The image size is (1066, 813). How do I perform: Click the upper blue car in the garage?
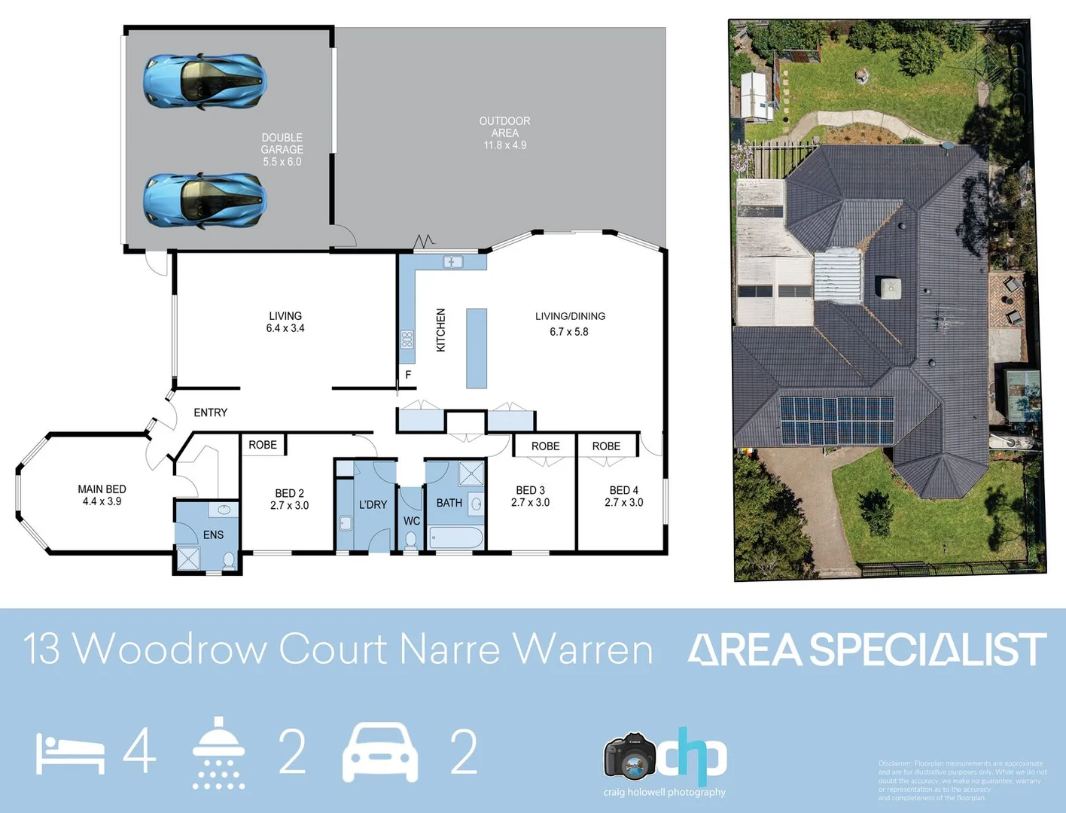(205, 81)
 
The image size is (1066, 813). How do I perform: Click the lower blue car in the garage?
(205, 200)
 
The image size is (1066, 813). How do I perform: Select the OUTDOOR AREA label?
(504, 126)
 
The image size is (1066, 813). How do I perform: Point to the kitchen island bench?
(476, 348)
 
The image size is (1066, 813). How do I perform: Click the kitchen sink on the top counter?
(452, 262)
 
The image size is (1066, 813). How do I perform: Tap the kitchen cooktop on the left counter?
(407, 340)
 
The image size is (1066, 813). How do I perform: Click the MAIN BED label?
(102, 489)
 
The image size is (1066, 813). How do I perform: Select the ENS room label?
(213, 534)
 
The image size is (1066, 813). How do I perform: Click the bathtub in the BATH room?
(455, 537)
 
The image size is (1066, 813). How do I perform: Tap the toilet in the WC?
(411, 540)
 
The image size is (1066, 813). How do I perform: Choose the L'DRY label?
(373, 504)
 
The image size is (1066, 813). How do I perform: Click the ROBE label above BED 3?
(545, 446)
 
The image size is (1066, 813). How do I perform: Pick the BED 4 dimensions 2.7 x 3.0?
(623, 503)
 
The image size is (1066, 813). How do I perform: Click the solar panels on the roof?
(836, 419)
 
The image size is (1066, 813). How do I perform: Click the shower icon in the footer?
(218, 752)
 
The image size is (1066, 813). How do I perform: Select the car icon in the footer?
(380, 752)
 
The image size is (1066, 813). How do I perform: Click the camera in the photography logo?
(629, 757)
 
